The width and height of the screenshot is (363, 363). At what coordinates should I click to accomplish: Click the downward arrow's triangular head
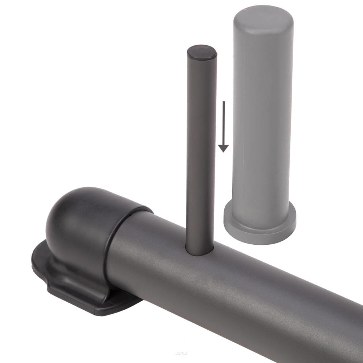(x=223, y=148)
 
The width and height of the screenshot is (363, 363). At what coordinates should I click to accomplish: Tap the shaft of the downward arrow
(x=224, y=123)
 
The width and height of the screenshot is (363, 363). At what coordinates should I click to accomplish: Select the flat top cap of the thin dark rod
(x=201, y=52)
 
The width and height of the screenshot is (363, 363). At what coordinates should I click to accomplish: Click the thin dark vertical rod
(x=201, y=151)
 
